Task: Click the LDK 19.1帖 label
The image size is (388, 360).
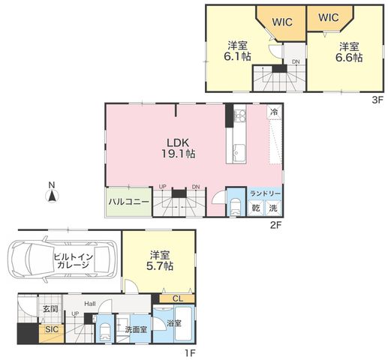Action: [178, 148]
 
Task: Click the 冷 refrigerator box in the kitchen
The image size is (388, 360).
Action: [275, 112]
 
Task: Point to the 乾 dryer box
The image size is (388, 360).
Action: [255, 208]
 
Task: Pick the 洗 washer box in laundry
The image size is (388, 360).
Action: [273, 208]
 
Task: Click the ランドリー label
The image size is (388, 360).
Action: [265, 193]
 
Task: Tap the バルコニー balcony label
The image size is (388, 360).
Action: [129, 202]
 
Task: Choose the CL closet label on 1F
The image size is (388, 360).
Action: [178, 298]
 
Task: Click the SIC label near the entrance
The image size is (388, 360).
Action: [52, 329]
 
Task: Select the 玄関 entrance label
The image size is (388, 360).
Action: [50, 309]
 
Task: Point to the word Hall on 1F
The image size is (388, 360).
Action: [90, 304]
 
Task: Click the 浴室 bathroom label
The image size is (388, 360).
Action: [174, 323]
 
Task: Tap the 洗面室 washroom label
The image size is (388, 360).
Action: [136, 330]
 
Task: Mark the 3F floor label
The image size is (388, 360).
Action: [377, 100]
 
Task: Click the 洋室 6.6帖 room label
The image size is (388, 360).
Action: [349, 52]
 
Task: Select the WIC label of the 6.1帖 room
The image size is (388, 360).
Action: [282, 22]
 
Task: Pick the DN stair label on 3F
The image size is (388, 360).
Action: [296, 61]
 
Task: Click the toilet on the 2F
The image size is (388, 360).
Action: [236, 206]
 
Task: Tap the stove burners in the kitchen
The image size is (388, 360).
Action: [239, 115]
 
